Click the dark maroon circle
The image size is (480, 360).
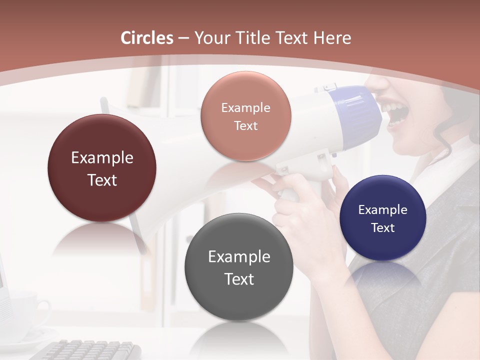[x=102, y=168]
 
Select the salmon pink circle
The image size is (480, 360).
[x=245, y=116]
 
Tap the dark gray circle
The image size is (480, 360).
[x=239, y=267]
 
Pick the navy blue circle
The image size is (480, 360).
[x=383, y=218]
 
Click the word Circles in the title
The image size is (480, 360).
[x=147, y=38]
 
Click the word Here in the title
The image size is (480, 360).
[x=332, y=38]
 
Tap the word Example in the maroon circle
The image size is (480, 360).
[x=102, y=158]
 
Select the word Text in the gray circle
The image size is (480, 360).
[x=239, y=279]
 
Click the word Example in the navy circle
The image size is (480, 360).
[x=383, y=210]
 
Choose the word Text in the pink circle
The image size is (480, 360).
[x=245, y=126]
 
